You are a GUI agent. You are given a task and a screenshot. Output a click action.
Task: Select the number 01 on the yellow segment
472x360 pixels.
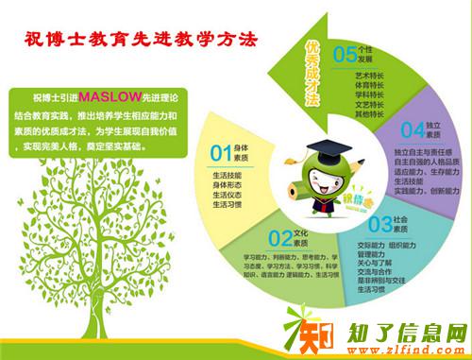click(x=220, y=152)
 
